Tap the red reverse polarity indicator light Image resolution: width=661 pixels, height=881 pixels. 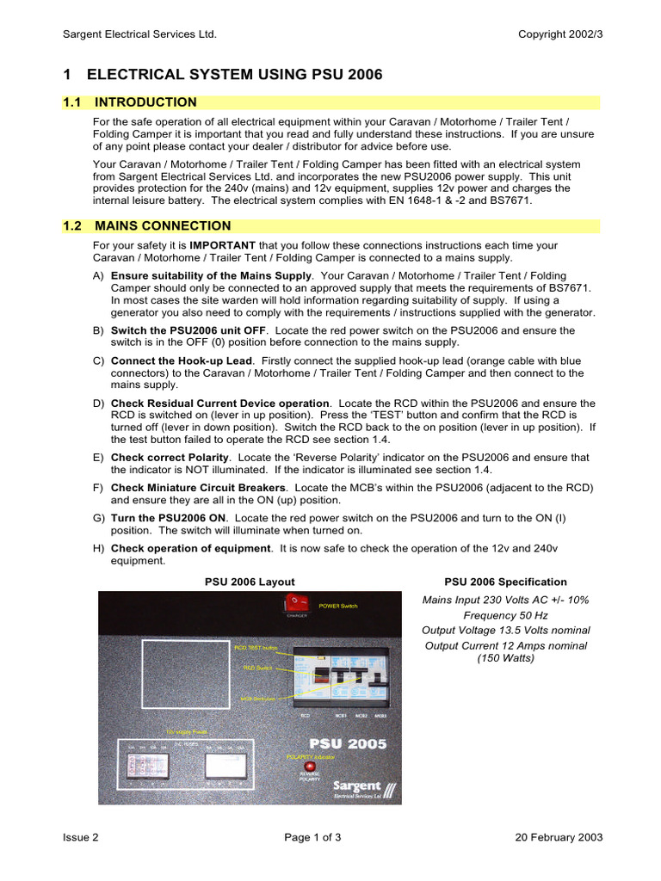[309, 765]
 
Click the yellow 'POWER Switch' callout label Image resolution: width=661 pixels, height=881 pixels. [338, 607]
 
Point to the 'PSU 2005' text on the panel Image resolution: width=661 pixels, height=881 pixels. [348, 743]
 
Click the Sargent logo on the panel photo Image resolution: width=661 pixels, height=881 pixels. [361, 787]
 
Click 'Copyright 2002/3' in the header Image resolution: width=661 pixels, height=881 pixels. [560, 34]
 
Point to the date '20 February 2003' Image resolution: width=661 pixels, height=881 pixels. [559, 837]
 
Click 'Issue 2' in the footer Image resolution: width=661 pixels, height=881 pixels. [81, 837]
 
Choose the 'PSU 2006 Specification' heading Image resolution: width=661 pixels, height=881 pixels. [505, 582]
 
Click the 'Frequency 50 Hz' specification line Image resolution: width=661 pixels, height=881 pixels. [505, 615]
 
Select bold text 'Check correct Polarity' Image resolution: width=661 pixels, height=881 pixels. [170, 458]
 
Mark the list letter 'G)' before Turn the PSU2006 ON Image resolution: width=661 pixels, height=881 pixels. [98, 518]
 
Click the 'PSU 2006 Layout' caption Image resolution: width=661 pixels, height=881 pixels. [250, 582]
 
